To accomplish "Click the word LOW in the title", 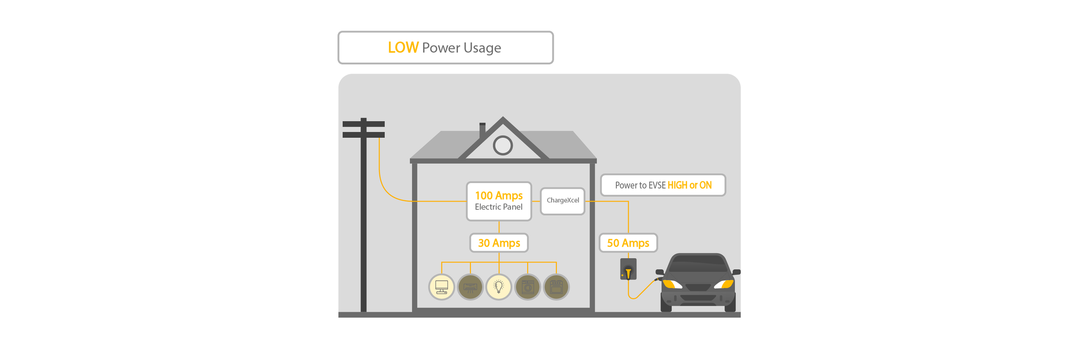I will click(403, 47).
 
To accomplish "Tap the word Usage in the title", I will click(482, 48).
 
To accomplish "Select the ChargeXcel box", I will click(562, 201).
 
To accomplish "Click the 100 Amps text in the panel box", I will click(498, 196).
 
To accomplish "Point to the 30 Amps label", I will click(499, 243).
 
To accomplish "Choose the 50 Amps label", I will click(628, 243).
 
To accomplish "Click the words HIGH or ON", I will click(689, 185).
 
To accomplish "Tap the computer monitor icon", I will click(442, 287).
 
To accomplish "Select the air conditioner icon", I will click(470, 287).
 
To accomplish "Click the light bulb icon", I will click(499, 287).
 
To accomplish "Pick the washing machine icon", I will click(527, 287).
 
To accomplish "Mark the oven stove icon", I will click(556, 287).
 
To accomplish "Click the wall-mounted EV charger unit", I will click(628, 269).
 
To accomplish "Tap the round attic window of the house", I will click(503, 145).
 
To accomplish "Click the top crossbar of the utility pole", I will click(363, 124).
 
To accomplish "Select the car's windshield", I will click(698, 264).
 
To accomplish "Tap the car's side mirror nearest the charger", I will click(659, 272).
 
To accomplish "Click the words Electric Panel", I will click(498, 207).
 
